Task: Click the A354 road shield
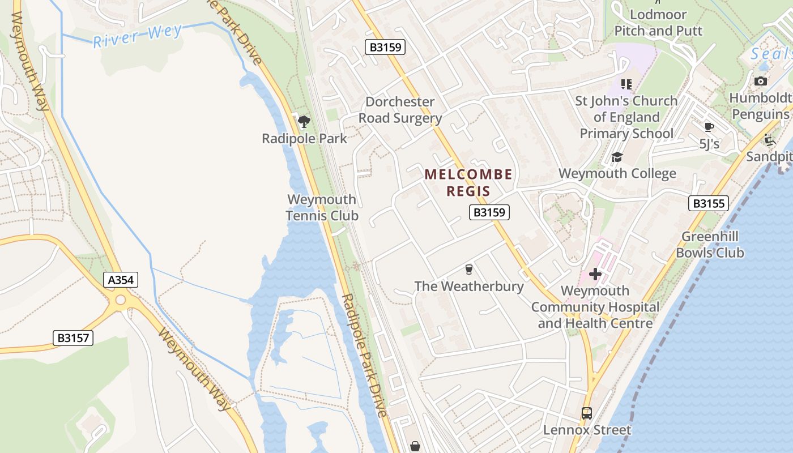point(121,279)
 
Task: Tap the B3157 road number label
point(73,338)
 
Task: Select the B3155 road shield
point(708,203)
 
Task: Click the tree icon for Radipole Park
point(304,121)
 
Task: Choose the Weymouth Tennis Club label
point(322,207)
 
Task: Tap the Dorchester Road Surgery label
point(400,110)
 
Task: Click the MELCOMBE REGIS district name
point(468,182)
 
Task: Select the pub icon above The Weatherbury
point(468,269)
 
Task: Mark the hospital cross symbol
point(595,274)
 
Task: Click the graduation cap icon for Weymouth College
point(617,157)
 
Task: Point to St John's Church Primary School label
point(626,117)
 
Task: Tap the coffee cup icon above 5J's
point(709,127)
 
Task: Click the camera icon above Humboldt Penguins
point(761,82)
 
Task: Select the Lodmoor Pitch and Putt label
point(658,23)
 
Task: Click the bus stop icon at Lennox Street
point(587,413)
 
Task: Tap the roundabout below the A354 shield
point(120,300)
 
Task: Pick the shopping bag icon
point(415,447)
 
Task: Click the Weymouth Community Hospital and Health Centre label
point(595,307)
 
